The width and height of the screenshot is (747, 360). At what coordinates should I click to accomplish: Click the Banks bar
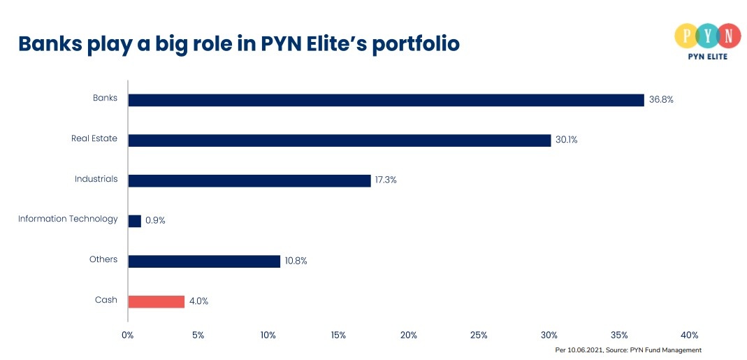click(x=386, y=100)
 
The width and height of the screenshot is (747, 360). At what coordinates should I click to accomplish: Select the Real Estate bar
click(x=340, y=141)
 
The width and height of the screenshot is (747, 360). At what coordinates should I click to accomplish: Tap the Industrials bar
click(x=249, y=180)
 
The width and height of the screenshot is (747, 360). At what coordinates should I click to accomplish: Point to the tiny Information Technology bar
click(x=135, y=221)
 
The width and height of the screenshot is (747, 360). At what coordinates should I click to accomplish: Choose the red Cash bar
click(x=157, y=301)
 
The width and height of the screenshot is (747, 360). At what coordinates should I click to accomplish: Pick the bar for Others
click(x=204, y=261)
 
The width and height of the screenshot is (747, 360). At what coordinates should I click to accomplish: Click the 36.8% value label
click(x=661, y=100)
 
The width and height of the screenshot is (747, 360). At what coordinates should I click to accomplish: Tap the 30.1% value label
click(x=567, y=141)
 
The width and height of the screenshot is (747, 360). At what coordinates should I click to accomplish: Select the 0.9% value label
click(x=155, y=221)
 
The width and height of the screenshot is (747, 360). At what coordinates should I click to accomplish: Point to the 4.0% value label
click(x=198, y=301)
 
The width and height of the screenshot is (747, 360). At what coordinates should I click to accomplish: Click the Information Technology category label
click(x=68, y=219)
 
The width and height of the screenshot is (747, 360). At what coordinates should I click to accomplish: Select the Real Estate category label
click(x=94, y=138)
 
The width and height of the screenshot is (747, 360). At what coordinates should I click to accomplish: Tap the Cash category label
click(x=106, y=300)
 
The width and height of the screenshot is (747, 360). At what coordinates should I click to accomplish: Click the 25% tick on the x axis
click(x=479, y=336)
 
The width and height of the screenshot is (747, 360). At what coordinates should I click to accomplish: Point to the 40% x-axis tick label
click(x=689, y=336)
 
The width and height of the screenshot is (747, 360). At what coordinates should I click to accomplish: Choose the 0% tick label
click(x=128, y=336)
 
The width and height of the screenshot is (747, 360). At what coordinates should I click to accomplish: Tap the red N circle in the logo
click(x=728, y=35)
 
